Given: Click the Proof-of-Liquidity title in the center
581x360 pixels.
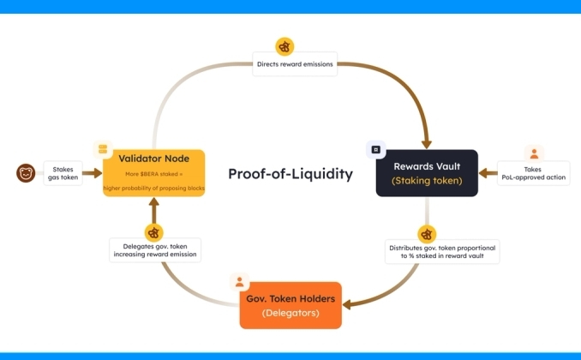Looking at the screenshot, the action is click(290, 174).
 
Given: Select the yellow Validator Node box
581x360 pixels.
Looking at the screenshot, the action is click(153, 173).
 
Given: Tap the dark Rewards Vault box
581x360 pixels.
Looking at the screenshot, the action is click(427, 173).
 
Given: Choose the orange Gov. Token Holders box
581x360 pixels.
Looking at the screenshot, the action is click(290, 305).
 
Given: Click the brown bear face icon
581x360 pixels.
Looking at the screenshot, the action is click(26, 173).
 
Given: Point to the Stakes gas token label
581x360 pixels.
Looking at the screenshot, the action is click(63, 173).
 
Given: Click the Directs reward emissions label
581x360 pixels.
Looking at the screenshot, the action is click(295, 64).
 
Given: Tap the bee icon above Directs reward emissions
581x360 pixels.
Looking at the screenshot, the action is click(285, 47).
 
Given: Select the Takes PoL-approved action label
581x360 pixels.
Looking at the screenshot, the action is click(534, 173).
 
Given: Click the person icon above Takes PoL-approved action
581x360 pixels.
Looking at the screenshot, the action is click(534, 153).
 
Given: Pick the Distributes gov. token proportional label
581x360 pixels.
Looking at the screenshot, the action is click(442, 252).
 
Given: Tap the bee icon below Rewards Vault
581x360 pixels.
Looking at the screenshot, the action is click(427, 234).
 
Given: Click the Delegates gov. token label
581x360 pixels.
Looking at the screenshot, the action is click(155, 250).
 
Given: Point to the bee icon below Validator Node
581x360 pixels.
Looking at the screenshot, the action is click(153, 233).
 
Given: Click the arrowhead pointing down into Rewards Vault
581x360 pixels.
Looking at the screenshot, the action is click(427, 144).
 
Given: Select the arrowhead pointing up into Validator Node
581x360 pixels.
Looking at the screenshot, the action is click(153, 202).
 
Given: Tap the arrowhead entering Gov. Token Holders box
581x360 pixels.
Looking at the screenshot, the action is click(347, 305).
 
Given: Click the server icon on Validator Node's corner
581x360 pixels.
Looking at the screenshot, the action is click(103, 149).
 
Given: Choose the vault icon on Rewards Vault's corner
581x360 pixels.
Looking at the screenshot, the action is click(375, 150).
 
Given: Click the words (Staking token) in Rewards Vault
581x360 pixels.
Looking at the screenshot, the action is click(427, 181).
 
